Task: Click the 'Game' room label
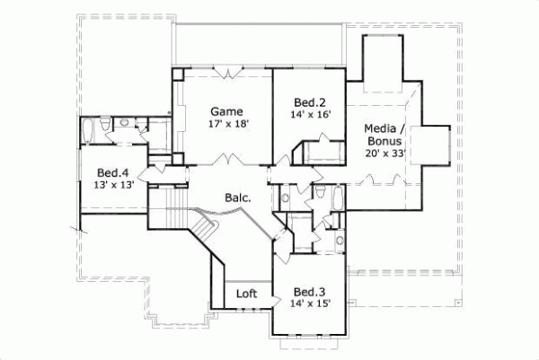pyautogui.click(x=226, y=110)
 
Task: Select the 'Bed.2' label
pyautogui.click(x=303, y=102)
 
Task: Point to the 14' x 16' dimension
pyautogui.click(x=303, y=115)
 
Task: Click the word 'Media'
pyautogui.click(x=383, y=128)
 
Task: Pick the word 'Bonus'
pyautogui.click(x=386, y=141)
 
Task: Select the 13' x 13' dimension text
pyautogui.click(x=113, y=186)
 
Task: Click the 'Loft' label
pyautogui.click(x=247, y=294)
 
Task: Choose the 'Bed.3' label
pyautogui.click(x=309, y=292)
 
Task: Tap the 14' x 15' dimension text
pyautogui.click(x=309, y=304)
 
